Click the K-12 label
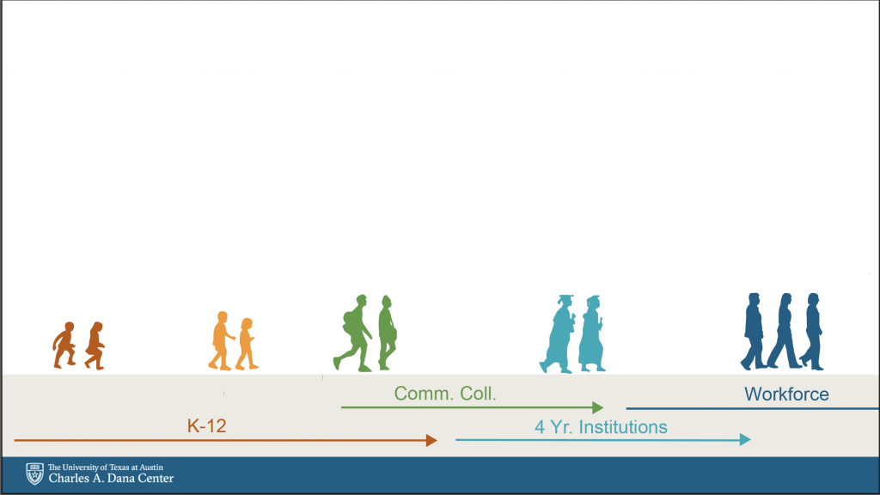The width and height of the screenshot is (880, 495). coord(206,426)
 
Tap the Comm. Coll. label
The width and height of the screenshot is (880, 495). coord(445,394)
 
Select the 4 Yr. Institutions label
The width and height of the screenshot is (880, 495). coord(601,427)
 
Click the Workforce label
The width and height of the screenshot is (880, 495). coord(787,394)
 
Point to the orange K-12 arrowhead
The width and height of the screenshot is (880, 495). coord(431,441)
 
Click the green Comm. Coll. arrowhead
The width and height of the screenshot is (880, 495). coord(598,407)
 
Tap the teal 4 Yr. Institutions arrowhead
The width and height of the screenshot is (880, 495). coord(745,439)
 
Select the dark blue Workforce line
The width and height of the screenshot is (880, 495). coord(753,408)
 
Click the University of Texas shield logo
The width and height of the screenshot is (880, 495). coord(34,474)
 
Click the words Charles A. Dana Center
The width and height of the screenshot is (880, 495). coord(111,479)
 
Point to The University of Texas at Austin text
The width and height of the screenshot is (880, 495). coord(106,467)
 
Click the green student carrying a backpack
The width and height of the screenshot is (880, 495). coord(353,333)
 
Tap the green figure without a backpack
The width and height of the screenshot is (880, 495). coord(388,333)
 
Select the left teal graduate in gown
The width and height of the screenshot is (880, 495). coord(558,334)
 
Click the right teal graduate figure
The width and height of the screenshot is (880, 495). coord(591,334)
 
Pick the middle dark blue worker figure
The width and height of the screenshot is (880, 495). coord(785,331)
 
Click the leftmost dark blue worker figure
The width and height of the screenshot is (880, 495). coord(754,332)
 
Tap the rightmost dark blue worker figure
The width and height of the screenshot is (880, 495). coord(812,332)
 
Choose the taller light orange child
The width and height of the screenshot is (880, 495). coord(221,341)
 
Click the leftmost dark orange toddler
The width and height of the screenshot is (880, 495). coord(64,345)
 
